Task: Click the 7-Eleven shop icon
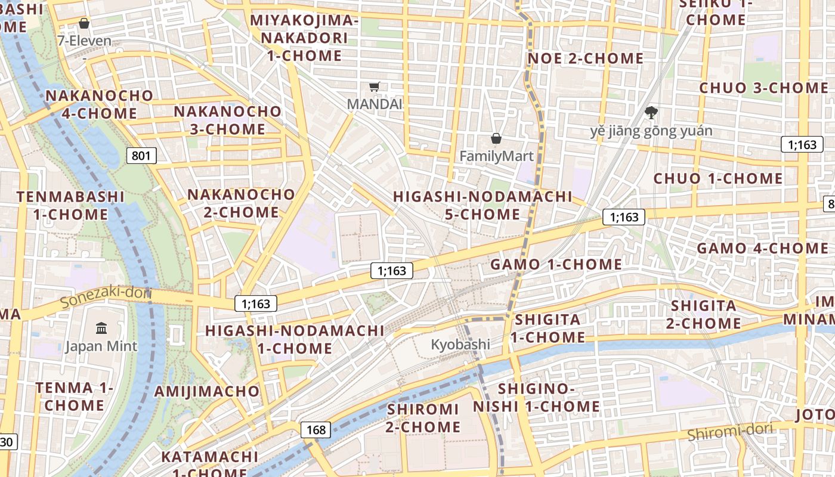(84, 23)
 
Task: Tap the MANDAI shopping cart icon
(375, 87)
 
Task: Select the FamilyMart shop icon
(496, 139)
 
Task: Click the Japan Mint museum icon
(101, 329)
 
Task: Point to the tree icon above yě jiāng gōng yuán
(651, 112)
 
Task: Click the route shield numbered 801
(141, 156)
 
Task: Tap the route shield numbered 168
(316, 429)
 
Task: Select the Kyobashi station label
(460, 345)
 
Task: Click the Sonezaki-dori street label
(106, 296)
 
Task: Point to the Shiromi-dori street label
(730, 431)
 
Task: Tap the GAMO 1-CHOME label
(556, 264)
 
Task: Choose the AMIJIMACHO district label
(207, 391)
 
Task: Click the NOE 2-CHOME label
(586, 58)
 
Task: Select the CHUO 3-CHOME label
(764, 88)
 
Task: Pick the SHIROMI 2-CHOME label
(423, 418)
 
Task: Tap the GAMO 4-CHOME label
(763, 248)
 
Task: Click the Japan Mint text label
(101, 346)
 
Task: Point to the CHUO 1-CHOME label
(718, 178)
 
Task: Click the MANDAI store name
(375, 104)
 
